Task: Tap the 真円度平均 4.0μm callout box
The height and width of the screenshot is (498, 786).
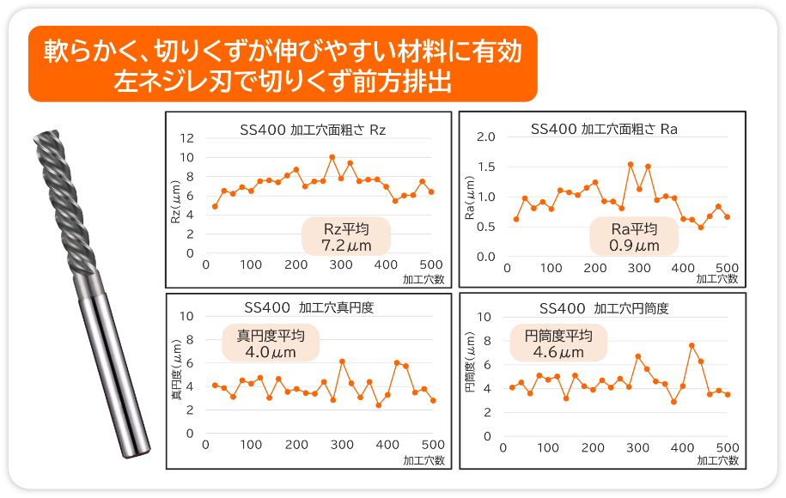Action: [271, 343]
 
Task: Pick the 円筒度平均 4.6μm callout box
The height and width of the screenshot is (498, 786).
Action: [558, 343]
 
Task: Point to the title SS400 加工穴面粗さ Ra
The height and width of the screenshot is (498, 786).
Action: [604, 130]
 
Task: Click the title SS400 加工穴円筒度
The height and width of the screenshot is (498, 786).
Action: [604, 308]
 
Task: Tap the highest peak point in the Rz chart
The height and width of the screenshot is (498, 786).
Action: [332, 157]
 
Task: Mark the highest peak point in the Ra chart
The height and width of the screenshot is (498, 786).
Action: [631, 164]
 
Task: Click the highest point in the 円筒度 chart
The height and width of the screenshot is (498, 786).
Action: [692, 345]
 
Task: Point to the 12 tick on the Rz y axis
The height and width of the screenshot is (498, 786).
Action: [188, 138]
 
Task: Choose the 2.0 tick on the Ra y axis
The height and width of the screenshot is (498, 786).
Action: [486, 137]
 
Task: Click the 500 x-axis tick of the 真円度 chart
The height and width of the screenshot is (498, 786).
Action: [432, 445]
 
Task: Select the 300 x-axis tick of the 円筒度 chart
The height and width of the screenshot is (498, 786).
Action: [637, 447]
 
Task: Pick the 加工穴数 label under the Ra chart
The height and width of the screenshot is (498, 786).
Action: [716, 279]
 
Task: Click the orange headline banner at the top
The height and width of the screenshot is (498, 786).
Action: [283, 64]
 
